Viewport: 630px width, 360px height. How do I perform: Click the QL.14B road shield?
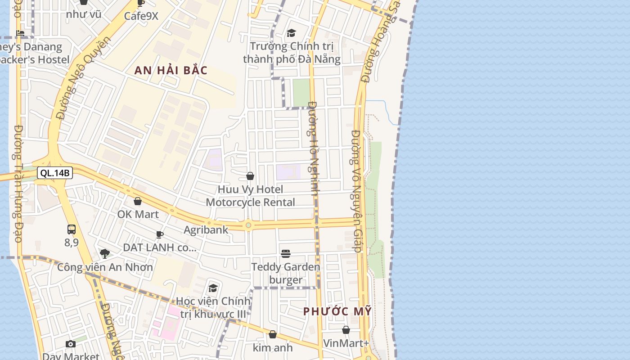[x=55, y=173]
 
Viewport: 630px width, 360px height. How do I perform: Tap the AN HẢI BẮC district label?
[x=171, y=70]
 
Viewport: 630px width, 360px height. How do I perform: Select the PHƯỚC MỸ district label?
[x=337, y=311]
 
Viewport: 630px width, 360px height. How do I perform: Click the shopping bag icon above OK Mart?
[x=138, y=201]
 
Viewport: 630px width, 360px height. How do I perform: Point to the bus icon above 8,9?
[x=72, y=229]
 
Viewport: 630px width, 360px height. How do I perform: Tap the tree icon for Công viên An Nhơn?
[x=105, y=254]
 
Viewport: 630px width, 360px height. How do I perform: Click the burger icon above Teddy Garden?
[x=286, y=254]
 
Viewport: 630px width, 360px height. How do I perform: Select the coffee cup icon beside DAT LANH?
[x=159, y=234]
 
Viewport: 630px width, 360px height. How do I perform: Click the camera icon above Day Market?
[x=71, y=344]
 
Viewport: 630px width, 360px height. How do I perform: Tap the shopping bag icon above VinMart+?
[x=346, y=330]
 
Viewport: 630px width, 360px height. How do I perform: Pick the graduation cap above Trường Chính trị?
[x=292, y=33]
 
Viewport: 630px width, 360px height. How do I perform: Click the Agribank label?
[x=206, y=230]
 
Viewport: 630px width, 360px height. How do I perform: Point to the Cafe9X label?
[x=141, y=16]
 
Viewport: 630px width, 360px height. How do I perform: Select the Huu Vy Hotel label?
[x=251, y=189]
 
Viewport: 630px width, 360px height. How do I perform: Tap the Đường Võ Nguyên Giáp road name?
[x=356, y=191]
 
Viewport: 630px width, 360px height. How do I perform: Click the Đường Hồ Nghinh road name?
[x=314, y=148]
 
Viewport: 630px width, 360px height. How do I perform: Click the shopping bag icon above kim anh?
[x=273, y=335]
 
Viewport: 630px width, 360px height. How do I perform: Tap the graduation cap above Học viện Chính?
[x=213, y=288]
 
